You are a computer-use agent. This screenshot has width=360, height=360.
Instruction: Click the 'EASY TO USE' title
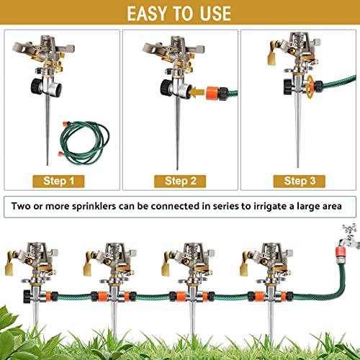tap(179, 13)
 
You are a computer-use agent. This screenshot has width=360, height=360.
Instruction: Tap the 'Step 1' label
tap(60, 180)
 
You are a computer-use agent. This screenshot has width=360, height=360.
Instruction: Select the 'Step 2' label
tap(181, 180)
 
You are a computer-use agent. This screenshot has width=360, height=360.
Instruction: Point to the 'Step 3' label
tap(299, 180)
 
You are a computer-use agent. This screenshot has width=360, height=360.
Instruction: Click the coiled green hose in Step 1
tap(86, 143)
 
